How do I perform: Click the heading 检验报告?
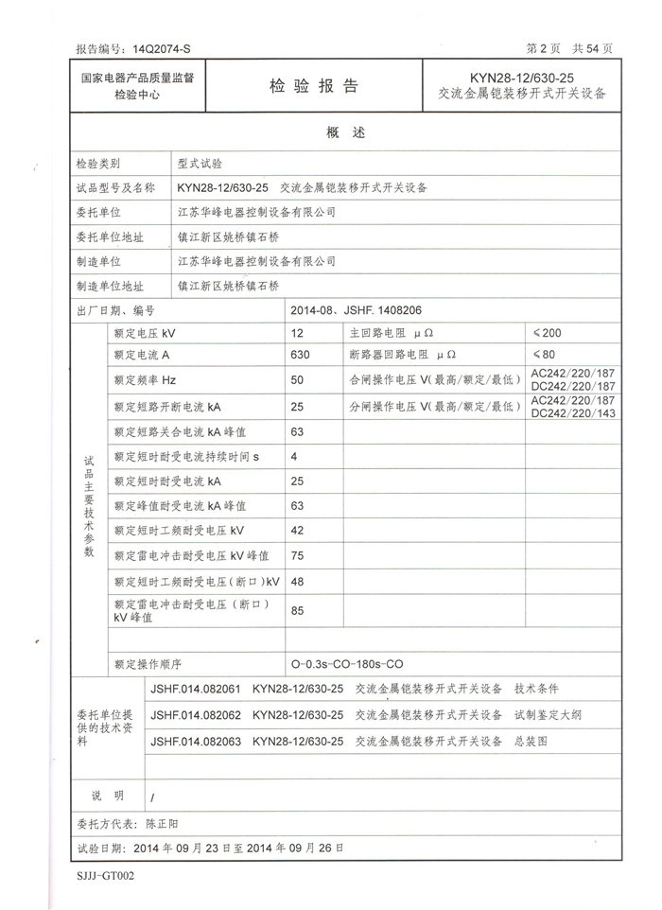click(x=314, y=86)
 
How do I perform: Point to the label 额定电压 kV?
click(x=145, y=333)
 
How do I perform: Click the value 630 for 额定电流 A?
click(x=301, y=356)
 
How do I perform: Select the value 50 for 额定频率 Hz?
click(x=298, y=380)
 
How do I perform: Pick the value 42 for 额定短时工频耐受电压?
click(x=298, y=530)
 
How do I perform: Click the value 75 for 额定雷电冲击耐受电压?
click(x=298, y=555)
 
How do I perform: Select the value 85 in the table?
click(x=298, y=610)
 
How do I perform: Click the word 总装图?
click(x=531, y=742)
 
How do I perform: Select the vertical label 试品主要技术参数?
click(x=90, y=504)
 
